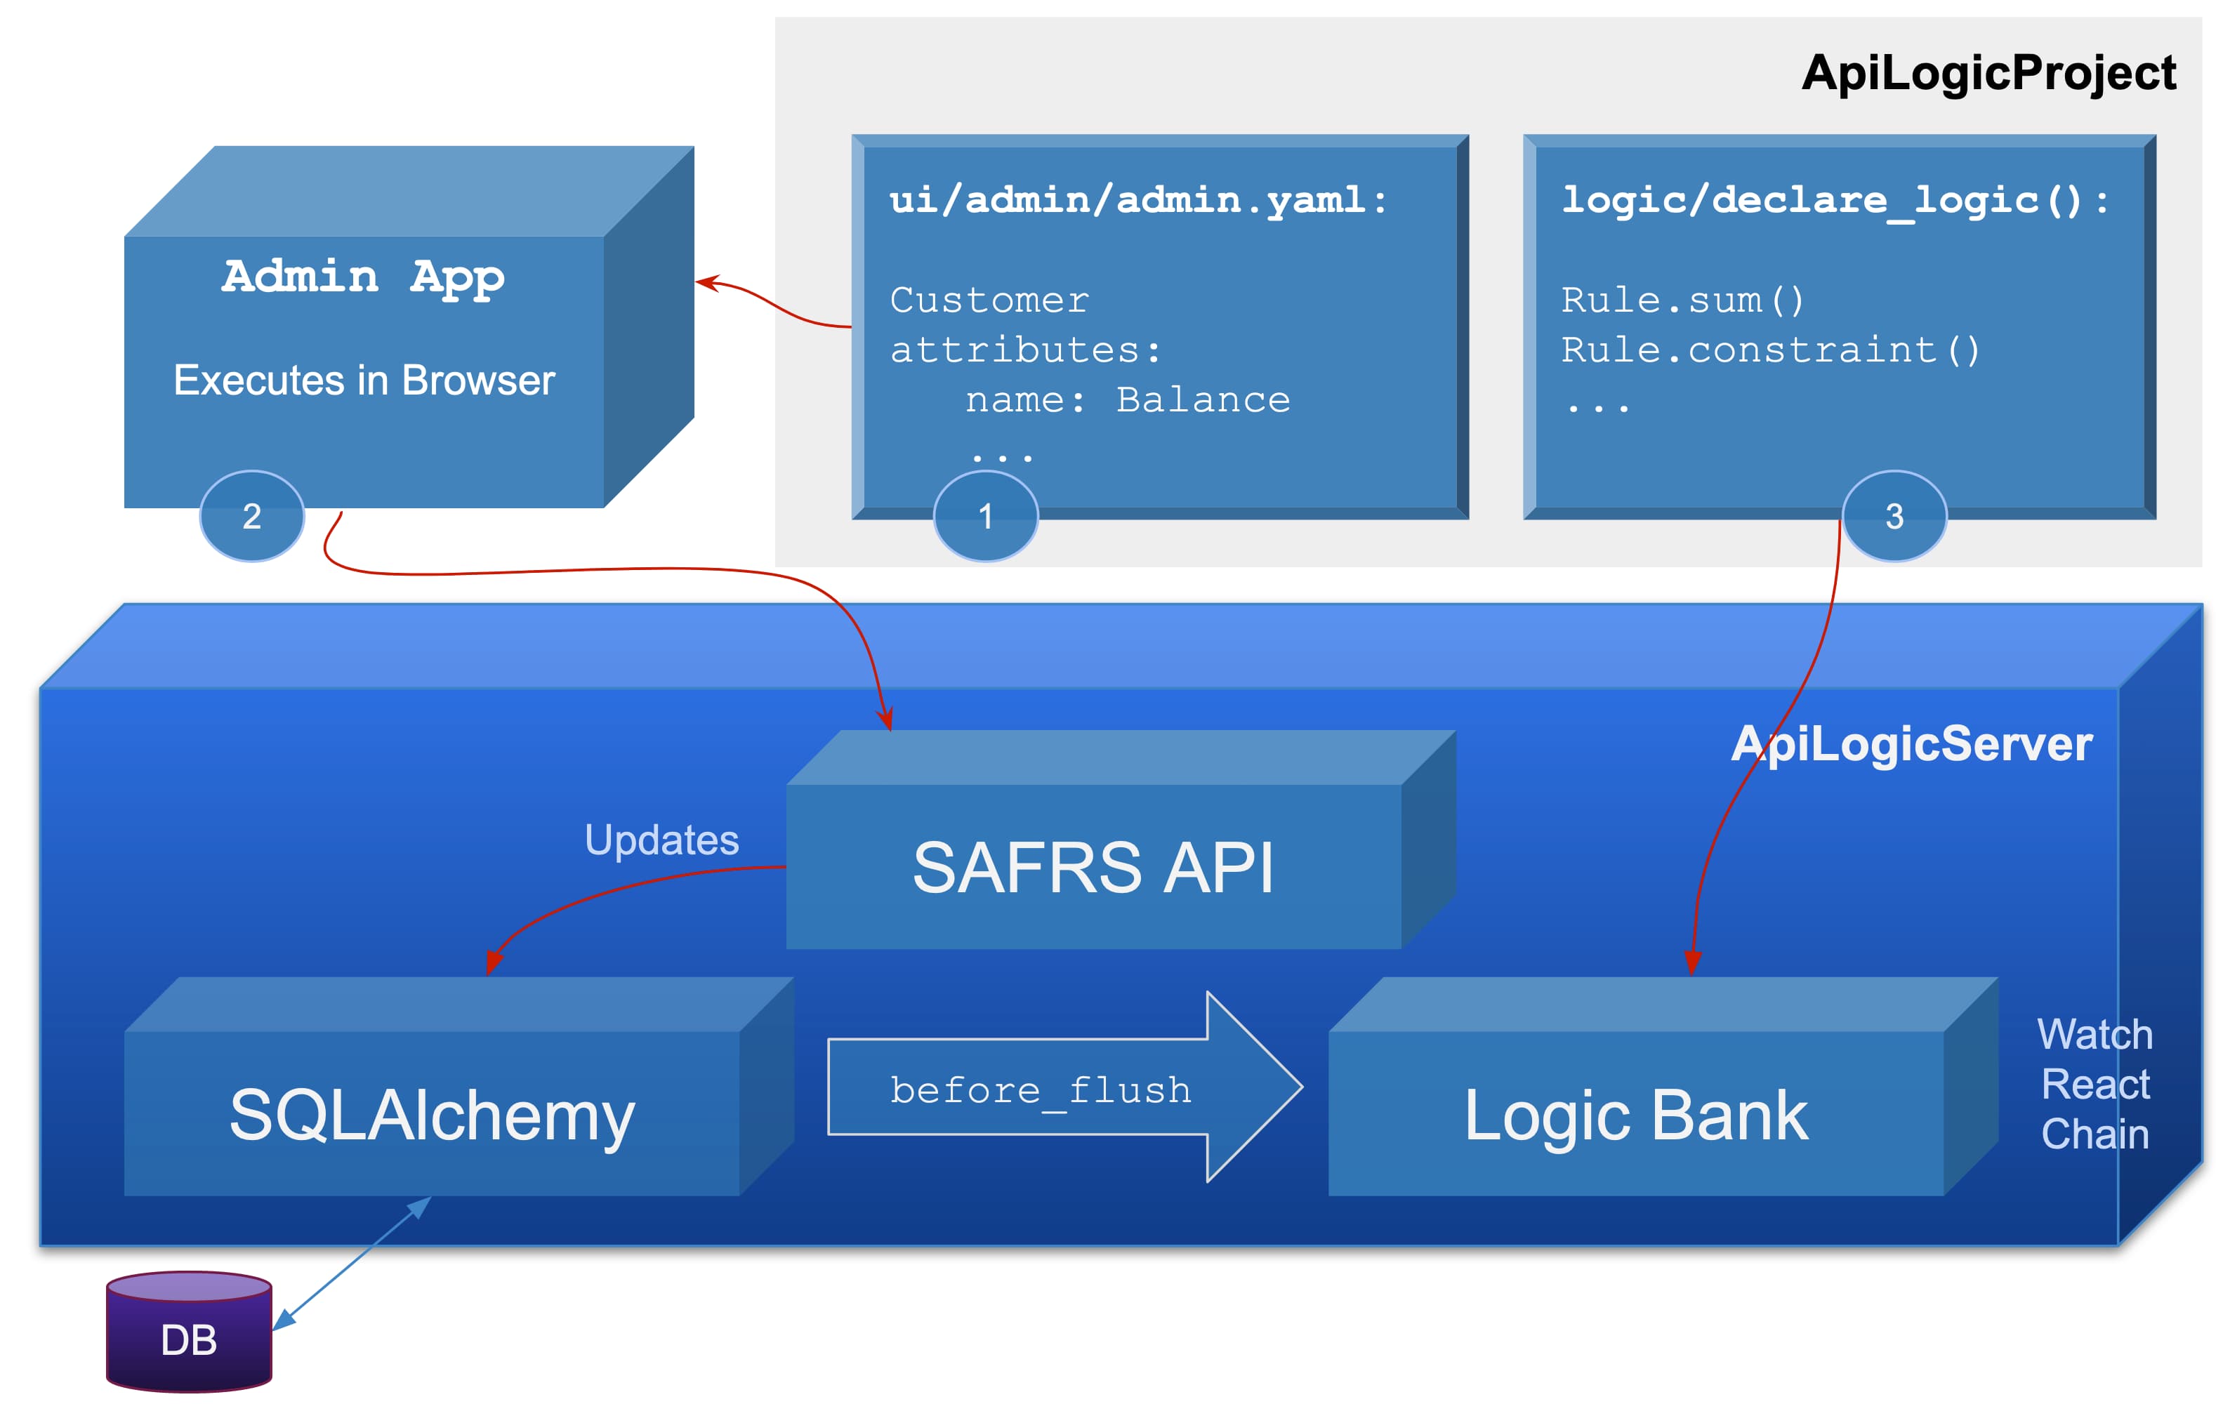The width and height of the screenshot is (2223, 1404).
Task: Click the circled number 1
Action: pyautogui.click(x=985, y=516)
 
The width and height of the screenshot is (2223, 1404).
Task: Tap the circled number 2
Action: pyautogui.click(x=251, y=516)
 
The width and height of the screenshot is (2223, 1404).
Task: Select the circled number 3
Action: pyautogui.click(x=1894, y=516)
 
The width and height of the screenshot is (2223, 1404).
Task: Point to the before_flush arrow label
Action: pyautogui.click(x=1041, y=1090)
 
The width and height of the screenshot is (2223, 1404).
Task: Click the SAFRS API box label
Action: pyautogui.click(x=1093, y=868)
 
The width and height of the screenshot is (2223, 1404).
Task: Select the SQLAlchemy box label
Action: pyautogui.click(x=431, y=1115)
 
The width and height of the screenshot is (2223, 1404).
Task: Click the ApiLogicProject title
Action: pyautogui.click(x=1988, y=72)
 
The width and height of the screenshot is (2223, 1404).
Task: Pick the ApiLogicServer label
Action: pyautogui.click(x=1911, y=743)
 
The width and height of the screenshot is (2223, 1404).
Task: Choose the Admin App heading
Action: pyautogui.click(x=363, y=276)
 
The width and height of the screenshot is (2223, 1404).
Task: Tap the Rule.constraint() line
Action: pyautogui.click(x=1769, y=350)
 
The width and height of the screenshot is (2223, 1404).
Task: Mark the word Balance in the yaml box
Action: pyautogui.click(x=1203, y=399)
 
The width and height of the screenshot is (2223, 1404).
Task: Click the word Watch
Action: pyautogui.click(x=2095, y=1034)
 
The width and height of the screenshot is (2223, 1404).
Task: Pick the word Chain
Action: pyautogui.click(x=2095, y=1134)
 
